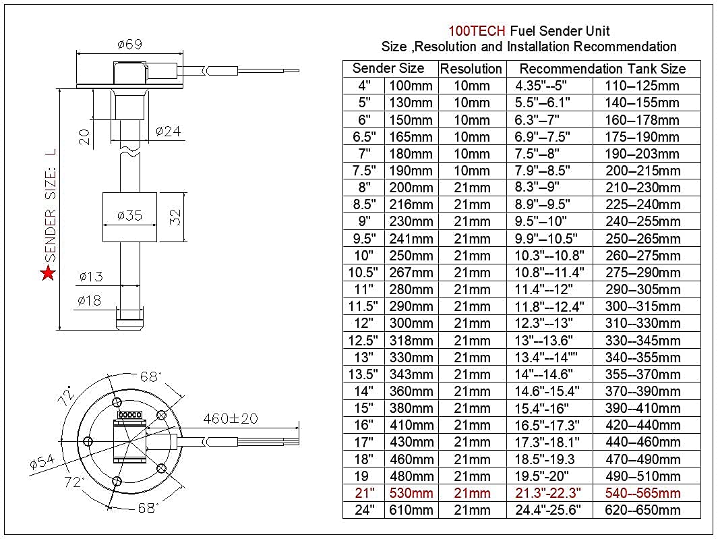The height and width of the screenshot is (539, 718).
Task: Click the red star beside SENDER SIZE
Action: (48, 273)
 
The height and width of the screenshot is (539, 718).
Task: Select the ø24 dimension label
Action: (169, 132)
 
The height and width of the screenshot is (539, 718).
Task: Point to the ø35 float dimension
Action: (129, 216)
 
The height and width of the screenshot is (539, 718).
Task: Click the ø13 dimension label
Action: (90, 276)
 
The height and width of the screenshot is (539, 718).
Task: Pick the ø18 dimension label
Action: (90, 300)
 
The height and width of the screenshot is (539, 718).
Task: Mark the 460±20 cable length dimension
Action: (231, 418)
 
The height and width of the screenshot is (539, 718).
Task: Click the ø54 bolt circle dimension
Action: (42, 463)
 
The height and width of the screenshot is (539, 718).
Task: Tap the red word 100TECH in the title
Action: (477, 31)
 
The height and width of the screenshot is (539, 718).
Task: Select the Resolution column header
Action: (471, 69)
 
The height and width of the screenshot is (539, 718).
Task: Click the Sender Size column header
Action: (388, 68)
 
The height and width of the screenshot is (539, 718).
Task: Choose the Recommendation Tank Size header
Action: (602, 69)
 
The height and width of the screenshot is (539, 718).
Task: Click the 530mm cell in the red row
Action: (411, 493)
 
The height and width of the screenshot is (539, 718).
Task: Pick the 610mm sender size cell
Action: (411, 510)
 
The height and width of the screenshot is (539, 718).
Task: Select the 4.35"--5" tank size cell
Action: (541, 86)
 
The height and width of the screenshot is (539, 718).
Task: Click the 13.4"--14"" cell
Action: (545, 358)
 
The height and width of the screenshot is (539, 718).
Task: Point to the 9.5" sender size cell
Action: (364, 238)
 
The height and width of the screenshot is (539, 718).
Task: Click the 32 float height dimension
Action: (175, 217)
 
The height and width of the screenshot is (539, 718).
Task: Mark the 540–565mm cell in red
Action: (642, 493)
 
